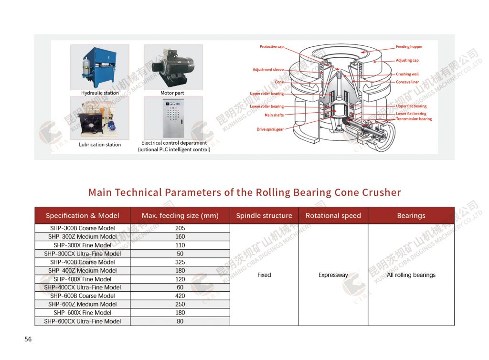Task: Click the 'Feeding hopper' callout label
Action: coord(409,47)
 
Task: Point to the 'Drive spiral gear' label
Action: coord(270,129)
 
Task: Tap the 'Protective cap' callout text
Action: coord(271,47)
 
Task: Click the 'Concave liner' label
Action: coord(407,82)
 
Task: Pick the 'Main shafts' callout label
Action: coord(274,115)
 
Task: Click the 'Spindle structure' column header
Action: coord(264,216)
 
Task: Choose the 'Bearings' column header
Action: coord(411,216)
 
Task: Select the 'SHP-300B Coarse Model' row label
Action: coord(83,228)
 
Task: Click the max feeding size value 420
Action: coord(180,296)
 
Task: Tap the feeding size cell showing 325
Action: coord(180,262)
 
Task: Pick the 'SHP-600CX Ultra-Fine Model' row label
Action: coord(83,321)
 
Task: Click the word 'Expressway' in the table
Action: coord(333,275)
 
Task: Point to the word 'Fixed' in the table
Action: coord(264,275)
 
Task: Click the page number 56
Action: coord(28,339)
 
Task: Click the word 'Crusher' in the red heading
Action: coord(380,192)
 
